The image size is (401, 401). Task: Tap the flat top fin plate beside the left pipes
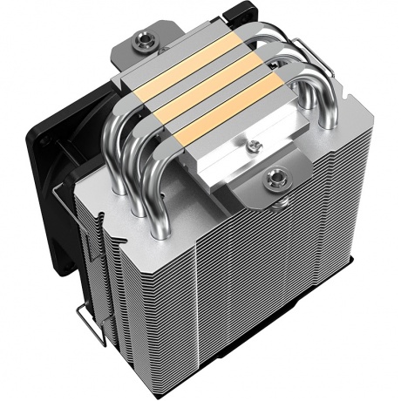coord(105,187)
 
